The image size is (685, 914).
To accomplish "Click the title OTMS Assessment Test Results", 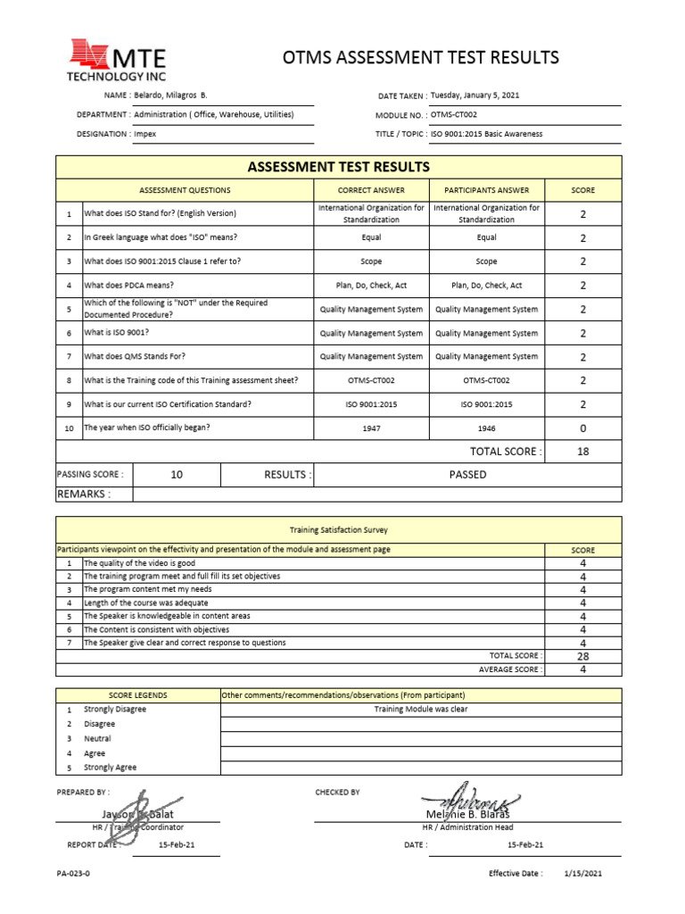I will click(421, 58).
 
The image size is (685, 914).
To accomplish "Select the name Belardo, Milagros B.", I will click(170, 95).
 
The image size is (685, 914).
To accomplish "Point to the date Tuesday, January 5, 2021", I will click(475, 95).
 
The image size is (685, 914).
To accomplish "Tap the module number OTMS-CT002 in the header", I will click(454, 115).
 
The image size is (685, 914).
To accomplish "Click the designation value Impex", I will click(145, 134).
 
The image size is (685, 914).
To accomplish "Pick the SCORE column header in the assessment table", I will click(582, 190).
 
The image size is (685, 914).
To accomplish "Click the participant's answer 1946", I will click(486, 428).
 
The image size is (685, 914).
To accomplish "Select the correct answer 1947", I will click(371, 428).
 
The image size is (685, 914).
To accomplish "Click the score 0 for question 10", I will click(582, 428).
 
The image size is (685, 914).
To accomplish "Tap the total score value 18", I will click(582, 452).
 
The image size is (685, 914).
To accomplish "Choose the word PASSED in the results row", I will click(467, 475).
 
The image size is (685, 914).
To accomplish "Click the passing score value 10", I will click(177, 475).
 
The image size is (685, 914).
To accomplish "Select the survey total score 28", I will click(582, 656).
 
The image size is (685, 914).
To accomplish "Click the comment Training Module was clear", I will click(420, 710).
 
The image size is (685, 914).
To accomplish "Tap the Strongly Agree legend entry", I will click(111, 768).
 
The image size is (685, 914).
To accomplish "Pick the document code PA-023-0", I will click(73, 874).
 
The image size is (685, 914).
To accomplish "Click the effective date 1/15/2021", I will click(584, 874).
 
